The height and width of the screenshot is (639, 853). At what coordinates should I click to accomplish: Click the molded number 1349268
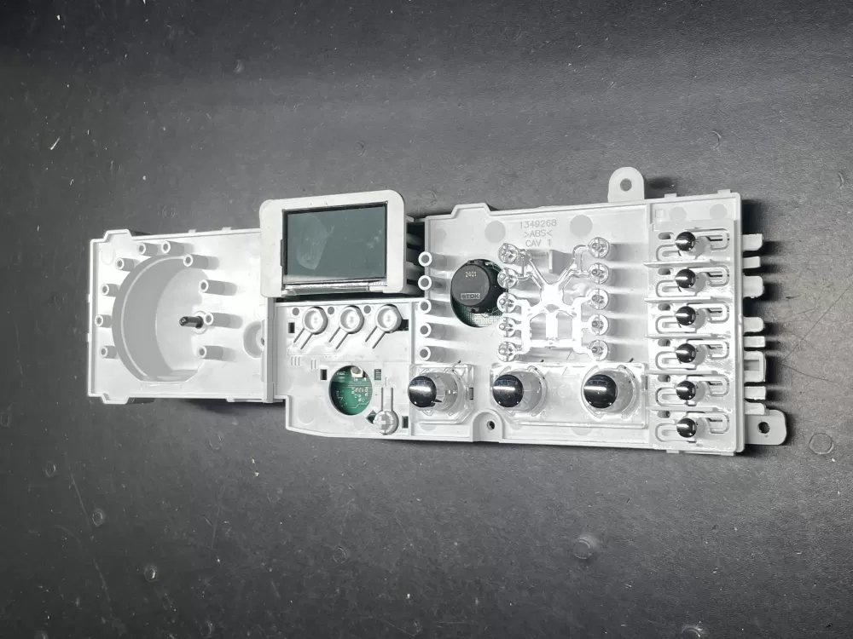pos(539,226)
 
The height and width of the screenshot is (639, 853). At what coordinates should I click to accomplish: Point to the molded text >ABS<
pos(539,237)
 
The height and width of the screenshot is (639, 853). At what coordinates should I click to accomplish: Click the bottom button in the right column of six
pos(686,427)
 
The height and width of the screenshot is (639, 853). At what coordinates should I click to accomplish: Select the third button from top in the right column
pos(685,316)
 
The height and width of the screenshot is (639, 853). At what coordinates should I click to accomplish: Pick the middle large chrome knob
pos(508,390)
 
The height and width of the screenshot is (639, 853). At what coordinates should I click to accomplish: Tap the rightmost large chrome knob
pos(598,392)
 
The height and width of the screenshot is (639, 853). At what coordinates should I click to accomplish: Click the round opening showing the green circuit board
pos(350,387)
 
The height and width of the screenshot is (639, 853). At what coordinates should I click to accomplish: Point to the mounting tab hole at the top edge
pos(626,181)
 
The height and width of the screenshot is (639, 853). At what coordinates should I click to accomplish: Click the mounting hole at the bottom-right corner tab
pos(763,426)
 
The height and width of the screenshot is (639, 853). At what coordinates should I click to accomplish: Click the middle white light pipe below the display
pos(351,319)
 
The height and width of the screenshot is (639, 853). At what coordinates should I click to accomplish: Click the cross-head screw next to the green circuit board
pos(385,420)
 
